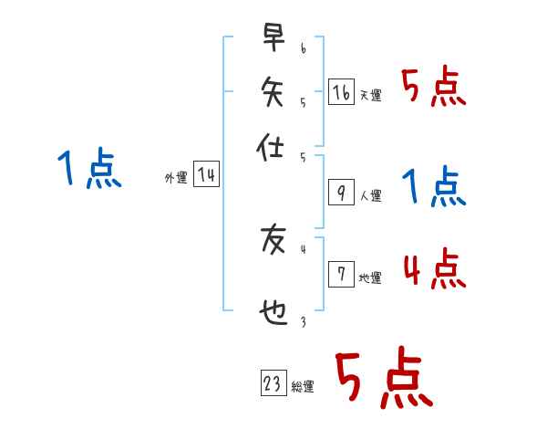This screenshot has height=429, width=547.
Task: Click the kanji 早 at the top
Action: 273,38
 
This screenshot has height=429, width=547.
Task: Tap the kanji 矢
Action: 273,90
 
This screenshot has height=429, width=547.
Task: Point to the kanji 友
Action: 273,239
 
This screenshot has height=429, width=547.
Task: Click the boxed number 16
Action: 340,91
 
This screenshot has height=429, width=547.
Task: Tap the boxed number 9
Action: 340,192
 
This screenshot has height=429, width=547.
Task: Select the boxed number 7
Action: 340,274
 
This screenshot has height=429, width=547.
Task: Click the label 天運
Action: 371,95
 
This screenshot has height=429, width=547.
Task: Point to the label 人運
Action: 371,195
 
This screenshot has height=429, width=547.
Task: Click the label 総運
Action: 302,387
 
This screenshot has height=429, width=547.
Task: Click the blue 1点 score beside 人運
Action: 434,188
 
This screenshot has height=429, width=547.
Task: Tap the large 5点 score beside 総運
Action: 383,380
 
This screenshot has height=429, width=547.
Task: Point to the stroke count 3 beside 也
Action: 303,320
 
